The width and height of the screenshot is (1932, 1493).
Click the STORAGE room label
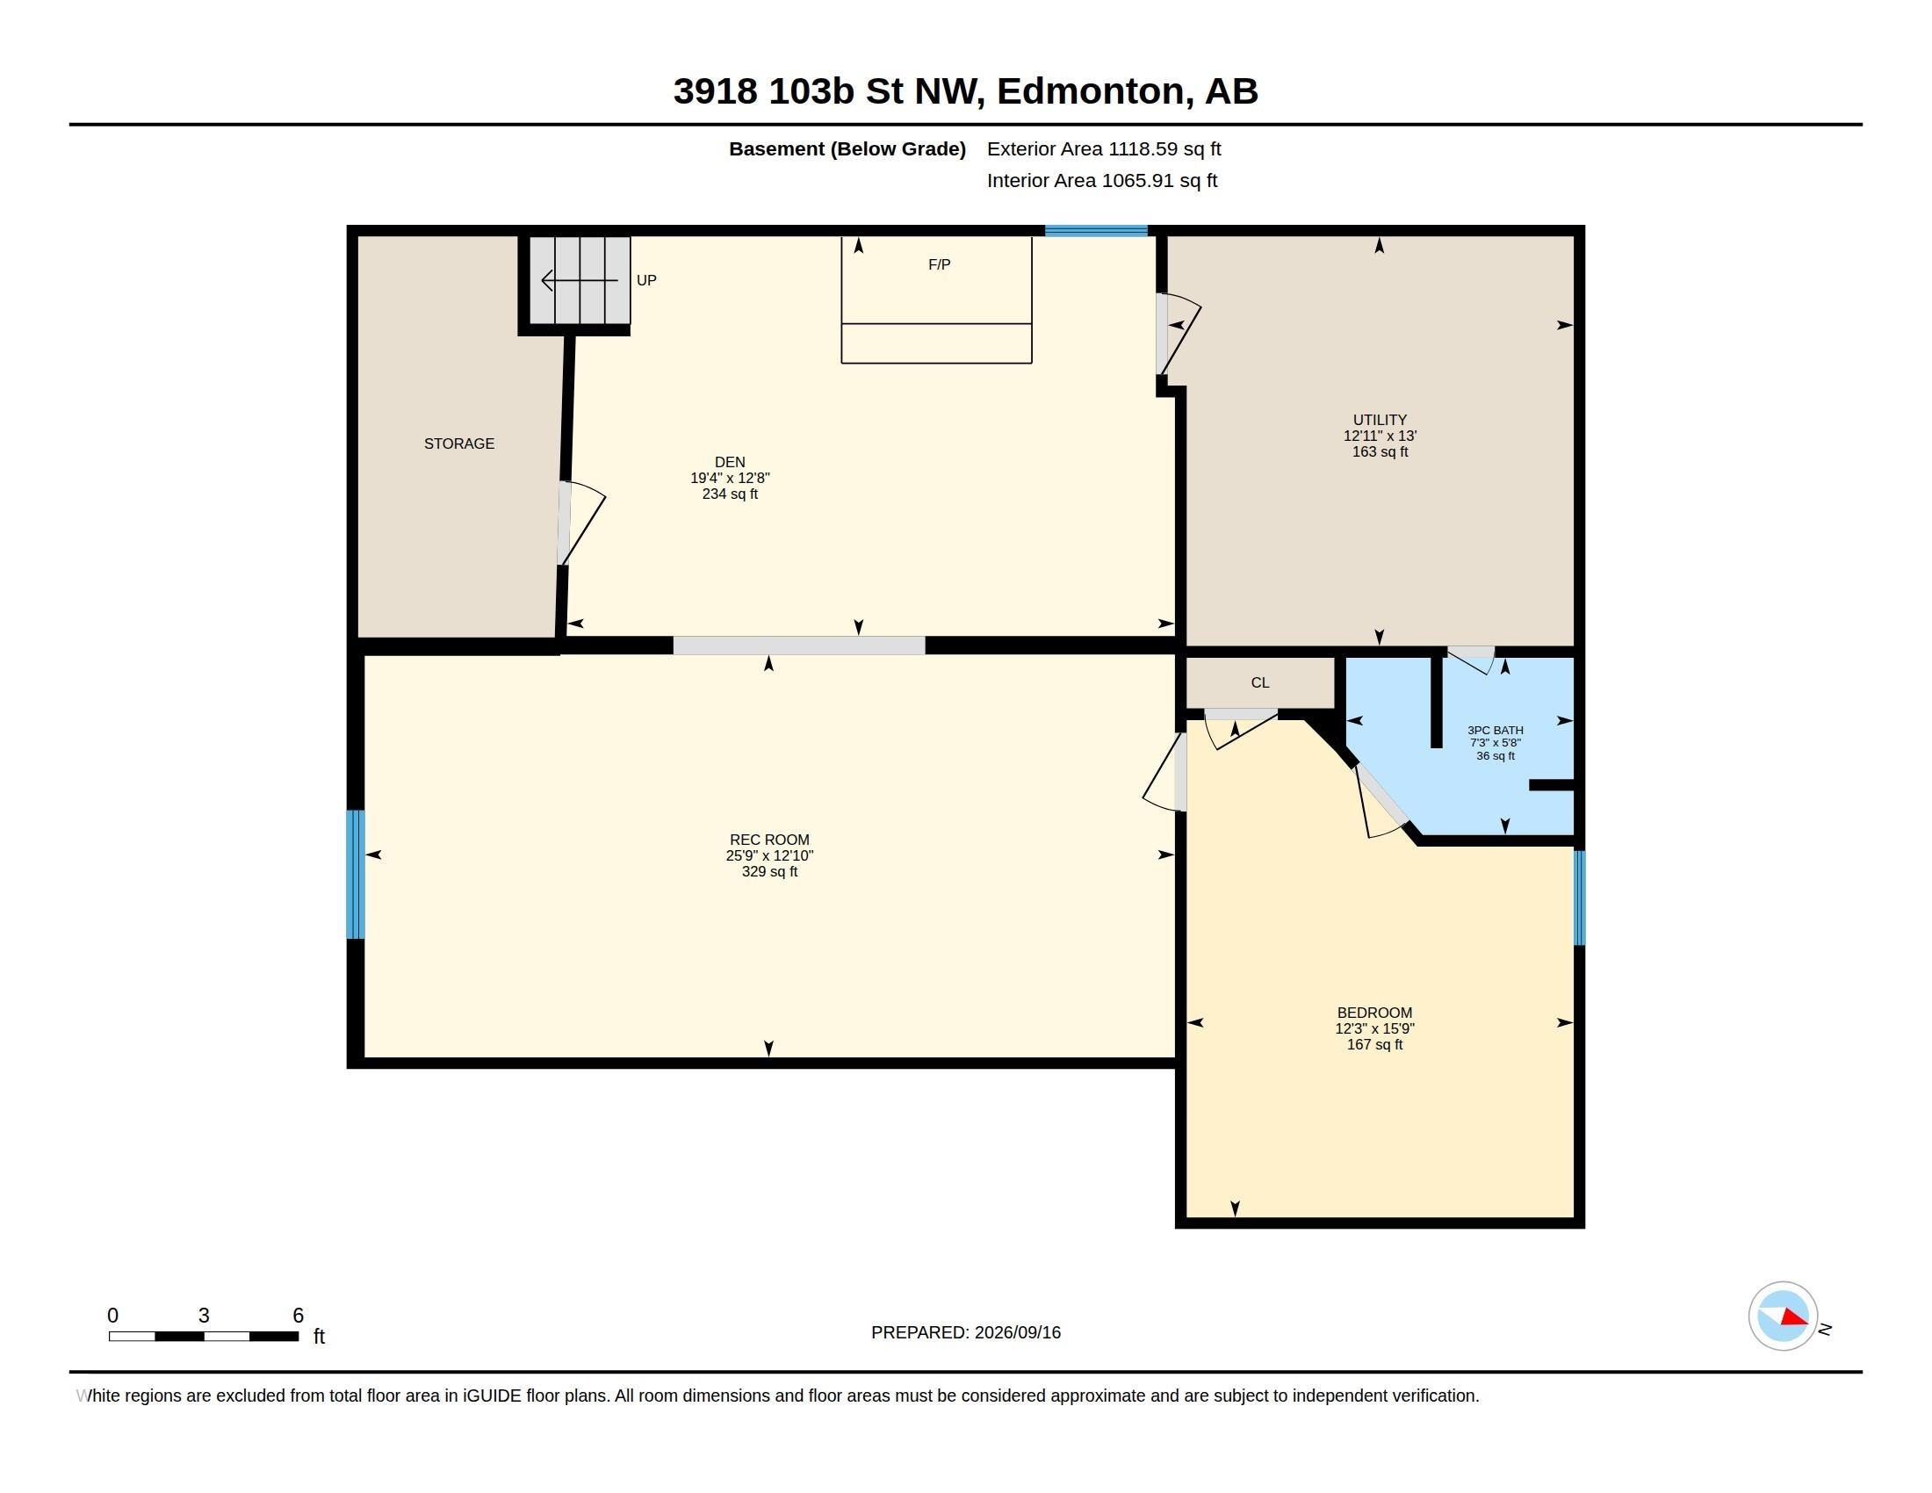point(458,444)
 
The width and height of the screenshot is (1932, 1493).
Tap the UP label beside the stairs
point(646,280)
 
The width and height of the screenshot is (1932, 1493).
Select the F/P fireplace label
point(940,264)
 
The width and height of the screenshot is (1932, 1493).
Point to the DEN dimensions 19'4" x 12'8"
point(730,478)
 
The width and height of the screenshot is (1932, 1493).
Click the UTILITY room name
point(1380,420)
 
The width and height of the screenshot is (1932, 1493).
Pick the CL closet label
point(1260,682)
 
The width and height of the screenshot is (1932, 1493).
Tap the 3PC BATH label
point(1496,731)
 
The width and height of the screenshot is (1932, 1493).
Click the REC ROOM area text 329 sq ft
point(769,871)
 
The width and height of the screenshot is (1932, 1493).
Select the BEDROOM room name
point(1374,1013)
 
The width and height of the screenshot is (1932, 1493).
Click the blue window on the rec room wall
point(356,874)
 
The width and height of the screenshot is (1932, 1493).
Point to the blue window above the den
point(1096,231)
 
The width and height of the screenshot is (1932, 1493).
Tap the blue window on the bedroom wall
point(1579,898)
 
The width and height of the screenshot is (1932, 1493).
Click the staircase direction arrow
point(580,280)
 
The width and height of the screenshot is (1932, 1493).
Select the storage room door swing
point(582,523)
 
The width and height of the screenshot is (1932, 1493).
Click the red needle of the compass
point(1794,1318)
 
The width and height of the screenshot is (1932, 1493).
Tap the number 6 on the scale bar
point(298,1316)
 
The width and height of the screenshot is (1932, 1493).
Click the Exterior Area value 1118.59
point(1143,149)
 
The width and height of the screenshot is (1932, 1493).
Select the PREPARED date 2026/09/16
point(1017,1332)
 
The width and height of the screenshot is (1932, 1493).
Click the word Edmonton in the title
point(1091,91)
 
